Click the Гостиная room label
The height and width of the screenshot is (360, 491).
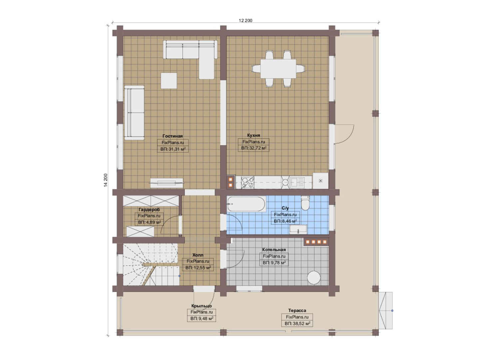(x=173, y=136)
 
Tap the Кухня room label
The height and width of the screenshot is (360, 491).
(x=253, y=135)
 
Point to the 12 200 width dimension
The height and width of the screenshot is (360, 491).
(x=245, y=20)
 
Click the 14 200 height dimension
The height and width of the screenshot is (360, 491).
(x=106, y=180)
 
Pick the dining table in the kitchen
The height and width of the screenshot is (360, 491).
(x=278, y=69)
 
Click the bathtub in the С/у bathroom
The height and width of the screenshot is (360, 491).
(x=246, y=204)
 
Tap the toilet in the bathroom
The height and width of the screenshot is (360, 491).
(x=305, y=203)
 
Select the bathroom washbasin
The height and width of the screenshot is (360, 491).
(x=298, y=229)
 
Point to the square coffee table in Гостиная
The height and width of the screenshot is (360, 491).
(x=169, y=81)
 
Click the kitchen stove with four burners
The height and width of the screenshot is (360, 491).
(x=248, y=183)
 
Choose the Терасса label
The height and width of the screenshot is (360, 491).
(x=297, y=310)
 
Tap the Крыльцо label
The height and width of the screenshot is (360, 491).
(x=202, y=306)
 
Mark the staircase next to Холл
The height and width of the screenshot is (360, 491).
(x=151, y=264)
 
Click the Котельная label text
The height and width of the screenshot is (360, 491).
(x=274, y=250)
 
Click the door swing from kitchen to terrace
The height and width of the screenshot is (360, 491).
(x=344, y=134)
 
